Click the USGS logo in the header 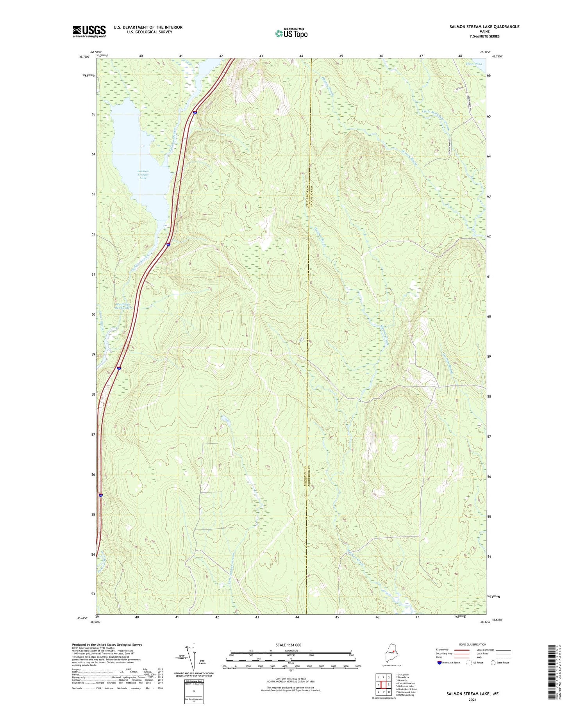coord(89,31)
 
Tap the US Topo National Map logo coord(291,33)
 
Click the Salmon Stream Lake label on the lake coord(143,175)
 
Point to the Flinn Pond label coord(473,64)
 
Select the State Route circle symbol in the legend coord(493,663)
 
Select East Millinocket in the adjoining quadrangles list coord(406,684)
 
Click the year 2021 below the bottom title coord(472,700)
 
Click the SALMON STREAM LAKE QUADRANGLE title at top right coord(484,27)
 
